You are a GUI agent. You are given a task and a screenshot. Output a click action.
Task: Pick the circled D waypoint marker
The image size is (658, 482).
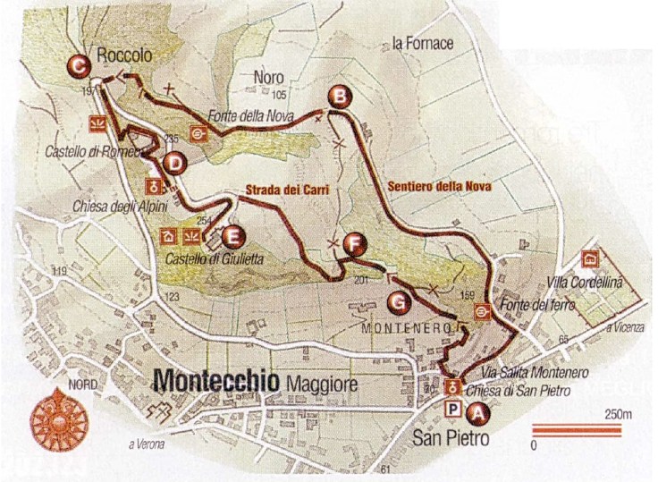174,163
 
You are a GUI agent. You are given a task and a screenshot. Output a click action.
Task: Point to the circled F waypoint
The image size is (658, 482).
355,242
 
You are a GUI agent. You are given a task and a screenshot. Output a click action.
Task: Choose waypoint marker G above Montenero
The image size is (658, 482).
401,300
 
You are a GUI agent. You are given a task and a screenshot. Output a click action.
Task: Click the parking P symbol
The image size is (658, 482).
453,409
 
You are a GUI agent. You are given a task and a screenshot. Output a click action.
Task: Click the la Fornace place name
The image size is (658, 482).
423,43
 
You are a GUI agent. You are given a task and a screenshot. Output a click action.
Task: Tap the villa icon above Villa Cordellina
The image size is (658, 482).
590,259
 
